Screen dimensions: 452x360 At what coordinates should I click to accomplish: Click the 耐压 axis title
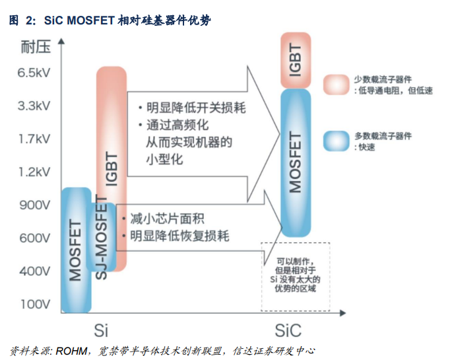(x=33, y=48)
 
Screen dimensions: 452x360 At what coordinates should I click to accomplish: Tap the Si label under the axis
(x=100, y=328)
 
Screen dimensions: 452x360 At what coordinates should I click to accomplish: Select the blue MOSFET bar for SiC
(x=296, y=162)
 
